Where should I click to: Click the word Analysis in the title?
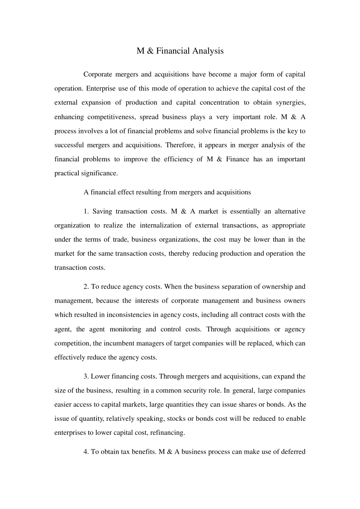[x=208, y=51]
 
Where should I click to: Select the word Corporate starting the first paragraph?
[x=98, y=74]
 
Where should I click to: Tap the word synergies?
[x=291, y=103]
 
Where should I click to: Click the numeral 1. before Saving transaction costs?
[x=86, y=211]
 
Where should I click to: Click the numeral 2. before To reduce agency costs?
[x=86, y=287]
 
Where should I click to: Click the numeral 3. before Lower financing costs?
[x=86, y=376]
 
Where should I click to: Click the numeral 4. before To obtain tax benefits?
[x=86, y=452]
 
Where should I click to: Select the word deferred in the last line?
[x=293, y=452]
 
